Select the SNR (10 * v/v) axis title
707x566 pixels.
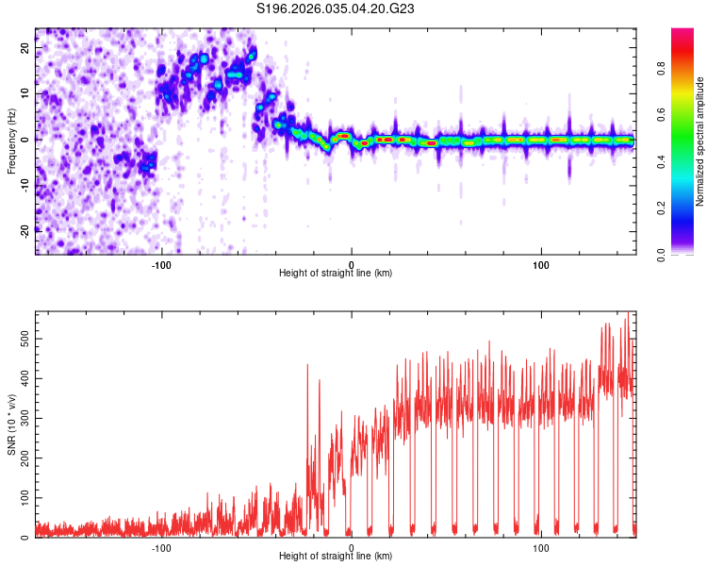click(x=12, y=424)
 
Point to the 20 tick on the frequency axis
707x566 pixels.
click(x=26, y=48)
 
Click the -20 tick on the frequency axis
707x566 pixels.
click(x=25, y=230)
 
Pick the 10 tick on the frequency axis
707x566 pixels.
click(x=26, y=93)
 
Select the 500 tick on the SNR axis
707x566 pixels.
click(x=23, y=337)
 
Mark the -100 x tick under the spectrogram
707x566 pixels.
click(x=161, y=265)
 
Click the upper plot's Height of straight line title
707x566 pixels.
click(x=336, y=274)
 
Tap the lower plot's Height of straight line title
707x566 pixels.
click(x=336, y=557)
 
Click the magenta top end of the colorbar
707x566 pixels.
click(x=682, y=32)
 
